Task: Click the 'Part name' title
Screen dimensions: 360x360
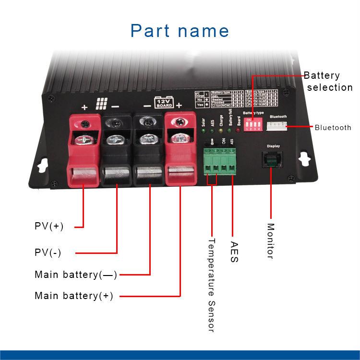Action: [x=180, y=30]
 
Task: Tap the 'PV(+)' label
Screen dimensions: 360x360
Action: [x=49, y=226]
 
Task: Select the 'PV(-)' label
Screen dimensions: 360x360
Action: [x=48, y=252]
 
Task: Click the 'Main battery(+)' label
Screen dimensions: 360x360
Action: [x=74, y=296]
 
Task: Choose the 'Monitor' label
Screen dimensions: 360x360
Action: [x=270, y=241]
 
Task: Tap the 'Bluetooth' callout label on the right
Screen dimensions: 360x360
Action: [x=333, y=128]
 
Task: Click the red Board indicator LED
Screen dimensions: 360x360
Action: [x=239, y=130]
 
